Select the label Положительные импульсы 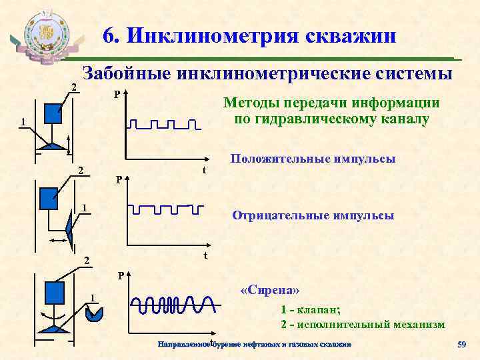pyautogui.click(x=313, y=159)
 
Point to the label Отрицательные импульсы pyautogui.click(x=313, y=215)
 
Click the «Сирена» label pyautogui.click(x=270, y=291)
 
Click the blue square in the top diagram pyautogui.click(x=53, y=114)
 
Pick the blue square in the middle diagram pyautogui.click(x=49, y=198)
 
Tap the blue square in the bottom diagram pyautogui.click(x=54, y=292)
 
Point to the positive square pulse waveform pyautogui.click(x=164, y=125)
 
